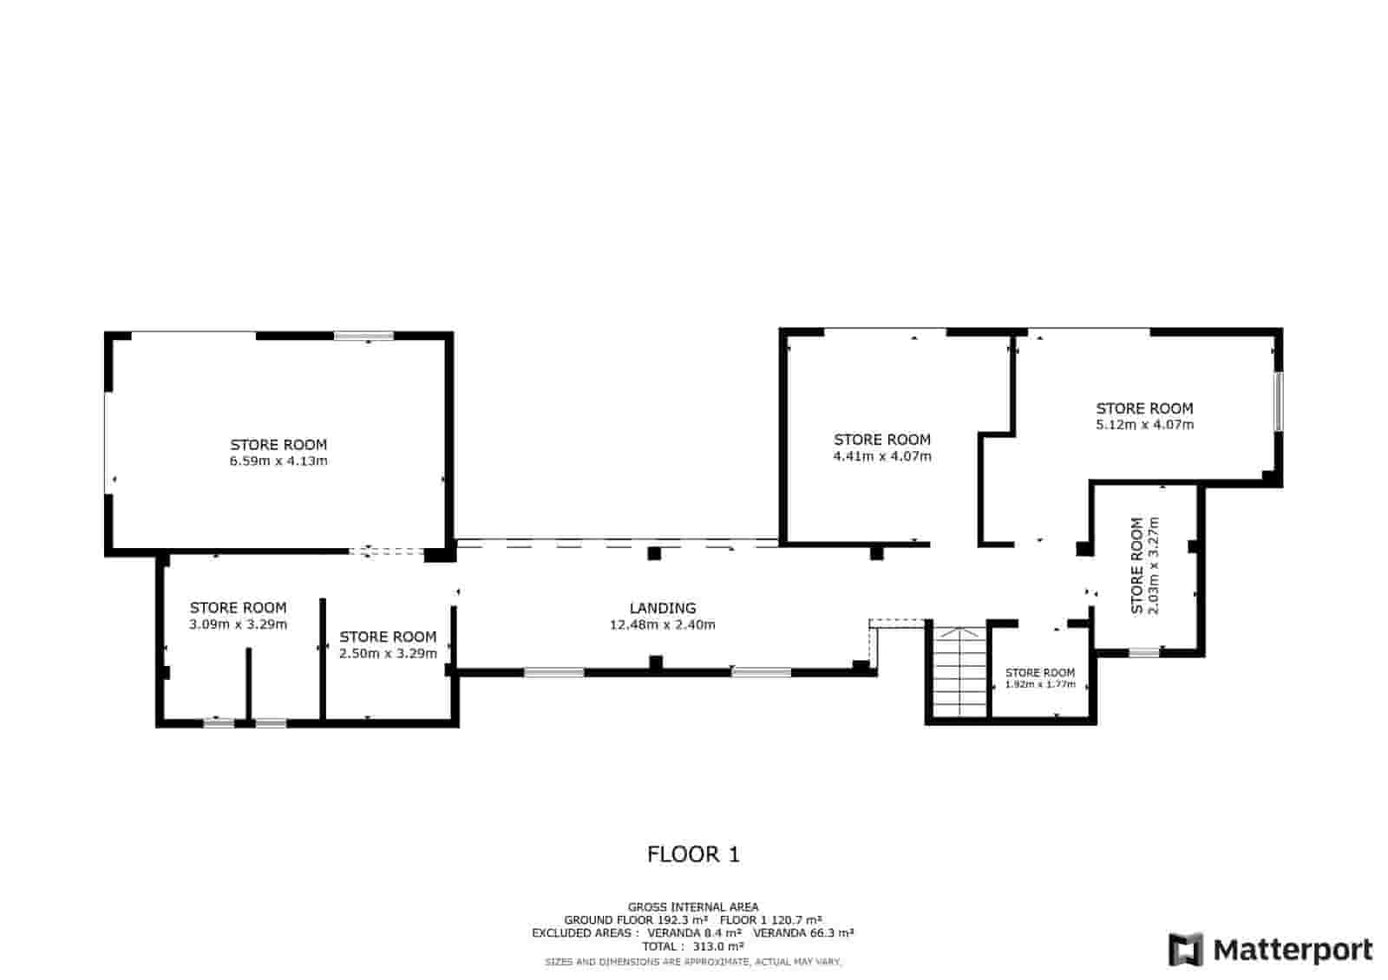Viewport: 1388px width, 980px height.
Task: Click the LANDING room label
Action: coord(663,608)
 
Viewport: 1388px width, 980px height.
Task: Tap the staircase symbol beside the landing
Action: coord(959,672)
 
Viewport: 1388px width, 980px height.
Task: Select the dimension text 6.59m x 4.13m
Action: coord(278,461)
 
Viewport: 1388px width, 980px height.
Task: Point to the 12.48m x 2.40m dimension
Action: coord(663,624)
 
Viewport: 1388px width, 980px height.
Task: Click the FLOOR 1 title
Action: coord(693,855)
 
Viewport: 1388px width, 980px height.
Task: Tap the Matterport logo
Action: coord(1270,950)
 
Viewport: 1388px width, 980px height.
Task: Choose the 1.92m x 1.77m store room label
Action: coord(1040,684)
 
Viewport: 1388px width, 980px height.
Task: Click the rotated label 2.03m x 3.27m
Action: coord(1153,565)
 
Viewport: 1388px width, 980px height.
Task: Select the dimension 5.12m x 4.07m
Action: coord(1144,425)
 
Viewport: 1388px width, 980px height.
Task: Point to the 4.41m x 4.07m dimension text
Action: coord(882,456)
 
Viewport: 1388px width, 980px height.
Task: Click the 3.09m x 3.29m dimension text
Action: coord(238,624)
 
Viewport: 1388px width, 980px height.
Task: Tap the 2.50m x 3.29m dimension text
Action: coord(388,653)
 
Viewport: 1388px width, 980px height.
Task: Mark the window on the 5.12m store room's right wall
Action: coord(1279,402)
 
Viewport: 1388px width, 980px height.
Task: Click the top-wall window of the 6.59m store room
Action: coord(363,336)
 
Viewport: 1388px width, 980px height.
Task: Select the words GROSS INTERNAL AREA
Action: coord(693,907)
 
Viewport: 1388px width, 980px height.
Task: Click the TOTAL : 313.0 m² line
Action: coord(693,946)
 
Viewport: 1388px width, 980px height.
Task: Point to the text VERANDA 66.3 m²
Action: coord(803,933)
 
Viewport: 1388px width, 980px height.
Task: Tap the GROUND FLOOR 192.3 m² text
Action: coord(636,920)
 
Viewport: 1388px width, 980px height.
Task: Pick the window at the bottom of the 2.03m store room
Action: coord(1144,652)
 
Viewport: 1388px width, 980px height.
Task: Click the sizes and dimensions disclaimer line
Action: coord(693,962)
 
